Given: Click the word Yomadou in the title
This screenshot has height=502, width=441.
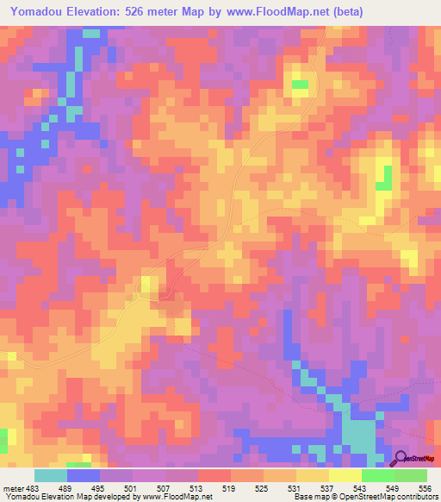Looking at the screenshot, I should [40, 12].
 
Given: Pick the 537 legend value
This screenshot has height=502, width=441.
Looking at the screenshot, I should [327, 487].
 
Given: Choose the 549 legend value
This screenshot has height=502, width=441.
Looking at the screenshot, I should [393, 487].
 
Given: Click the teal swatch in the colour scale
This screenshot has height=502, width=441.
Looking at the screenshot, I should [51, 475].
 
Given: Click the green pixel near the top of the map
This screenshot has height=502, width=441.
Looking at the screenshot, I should [300, 85].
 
